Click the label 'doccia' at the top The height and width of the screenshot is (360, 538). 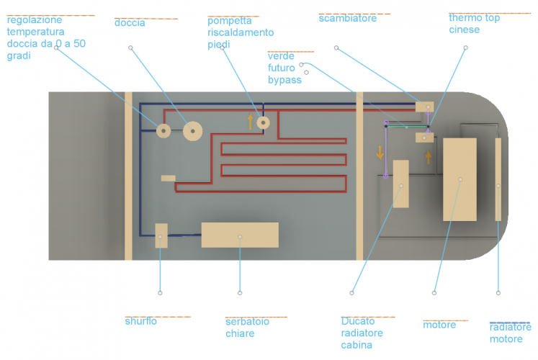tap(130, 23)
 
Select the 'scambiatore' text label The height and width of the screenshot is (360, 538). tap(347, 19)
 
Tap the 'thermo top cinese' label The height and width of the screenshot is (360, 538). tap(474, 23)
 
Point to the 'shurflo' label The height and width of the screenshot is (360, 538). tap(140, 321)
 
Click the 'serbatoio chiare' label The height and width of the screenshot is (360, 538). tap(247, 327)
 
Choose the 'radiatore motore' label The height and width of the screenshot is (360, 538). tap(510, 333)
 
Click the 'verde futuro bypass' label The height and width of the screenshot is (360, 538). tap(284, 68)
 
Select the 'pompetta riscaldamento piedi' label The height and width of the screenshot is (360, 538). tap(241, 32)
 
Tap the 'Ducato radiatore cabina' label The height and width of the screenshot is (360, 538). tap(362, 333)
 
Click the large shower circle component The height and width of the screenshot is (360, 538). tap(192, 131)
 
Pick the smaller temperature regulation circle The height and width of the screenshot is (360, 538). tap(163, 131)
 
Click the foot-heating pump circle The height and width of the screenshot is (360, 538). tap(264, 123)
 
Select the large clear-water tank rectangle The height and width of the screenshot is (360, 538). tap(240, 235)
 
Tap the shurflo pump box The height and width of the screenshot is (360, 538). tap(161, 235)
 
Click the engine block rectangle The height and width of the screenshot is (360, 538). tap(459, 179)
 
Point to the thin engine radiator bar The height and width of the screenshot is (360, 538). tap(498, 179)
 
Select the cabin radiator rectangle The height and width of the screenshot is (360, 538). tap(400, 184)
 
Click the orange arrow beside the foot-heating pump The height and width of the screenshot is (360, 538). tap(251, 121)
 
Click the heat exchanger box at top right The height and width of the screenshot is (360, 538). tap(424, 107)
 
